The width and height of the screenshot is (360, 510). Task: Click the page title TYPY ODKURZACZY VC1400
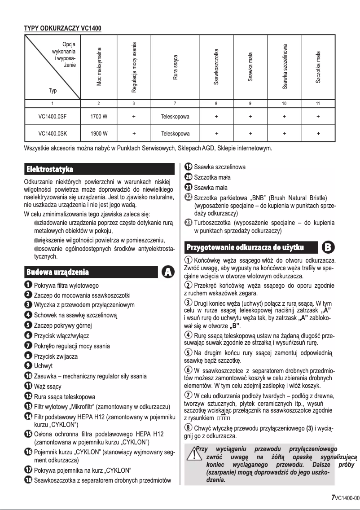click(62, 29)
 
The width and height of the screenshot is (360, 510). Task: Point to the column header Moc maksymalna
click(99, 66)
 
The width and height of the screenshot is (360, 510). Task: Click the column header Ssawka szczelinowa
click(285, 66)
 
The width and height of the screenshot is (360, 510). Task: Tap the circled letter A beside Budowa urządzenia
click(168, 272)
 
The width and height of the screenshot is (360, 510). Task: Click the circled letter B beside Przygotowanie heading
click(329, 247)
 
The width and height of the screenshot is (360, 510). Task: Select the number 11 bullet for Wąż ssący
click(27, 386)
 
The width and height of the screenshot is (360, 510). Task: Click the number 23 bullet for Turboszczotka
click(188, 223)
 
